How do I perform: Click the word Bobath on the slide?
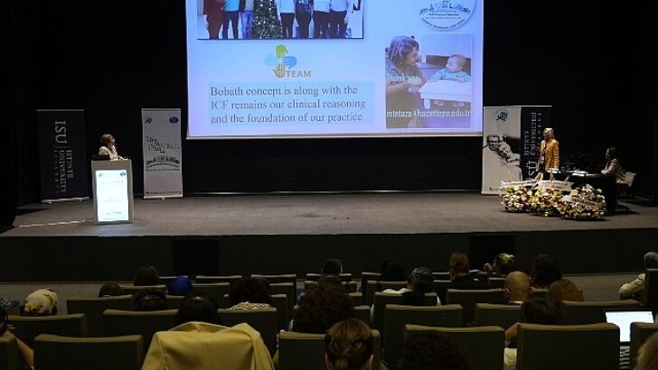(x=230, y=91)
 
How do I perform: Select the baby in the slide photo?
(x=449, y=71)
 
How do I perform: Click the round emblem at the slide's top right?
(x=446, y=13)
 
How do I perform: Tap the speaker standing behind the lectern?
(x=108, y=147)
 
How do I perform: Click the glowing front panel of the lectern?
(x=112, y=195)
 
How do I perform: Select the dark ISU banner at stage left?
(x=61, y=153)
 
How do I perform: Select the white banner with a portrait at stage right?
(x=501, y=149)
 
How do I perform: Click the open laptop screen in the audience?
(x=628, y=324)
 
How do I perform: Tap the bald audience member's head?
(x=517, y=286)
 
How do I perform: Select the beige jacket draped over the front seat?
(x=208, y=347)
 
